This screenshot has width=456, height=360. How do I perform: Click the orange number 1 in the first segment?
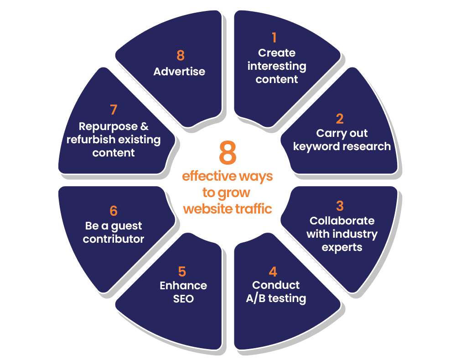coord(274,37)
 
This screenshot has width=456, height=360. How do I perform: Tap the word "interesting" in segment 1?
coord(277,66)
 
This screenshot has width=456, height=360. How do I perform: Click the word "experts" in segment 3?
coord(342,247)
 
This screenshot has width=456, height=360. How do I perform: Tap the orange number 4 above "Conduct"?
coord(273,272)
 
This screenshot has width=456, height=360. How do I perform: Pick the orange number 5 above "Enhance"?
coord(182,272)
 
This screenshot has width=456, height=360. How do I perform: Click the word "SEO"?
coord(183,299)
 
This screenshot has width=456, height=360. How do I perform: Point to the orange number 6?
coord(114,211)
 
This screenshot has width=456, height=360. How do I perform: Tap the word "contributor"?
coord(114,239)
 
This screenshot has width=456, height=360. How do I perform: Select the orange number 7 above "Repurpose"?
coord(114,110)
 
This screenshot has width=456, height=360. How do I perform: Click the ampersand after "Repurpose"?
coord(144,126)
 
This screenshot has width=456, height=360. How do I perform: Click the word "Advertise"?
coord(179,72)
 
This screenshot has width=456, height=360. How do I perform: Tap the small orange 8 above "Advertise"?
coord(181,56)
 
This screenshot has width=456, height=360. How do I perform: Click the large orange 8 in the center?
coord(228,154)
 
